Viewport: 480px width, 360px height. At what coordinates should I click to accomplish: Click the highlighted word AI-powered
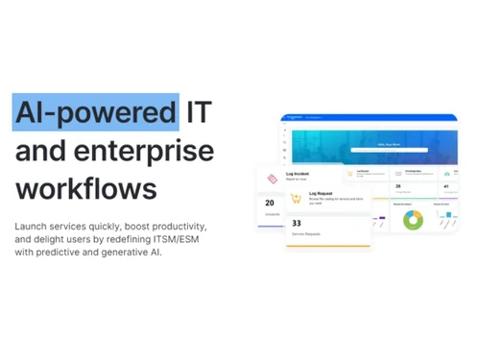96,112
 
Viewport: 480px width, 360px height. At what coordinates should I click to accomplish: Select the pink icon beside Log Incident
272,178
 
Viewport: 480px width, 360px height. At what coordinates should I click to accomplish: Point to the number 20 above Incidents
270,203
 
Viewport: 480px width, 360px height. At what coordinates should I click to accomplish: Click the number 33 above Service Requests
297,224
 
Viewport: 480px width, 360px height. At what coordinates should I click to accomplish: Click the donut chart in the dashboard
414,220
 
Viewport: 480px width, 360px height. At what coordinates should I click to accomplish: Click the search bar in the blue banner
389,151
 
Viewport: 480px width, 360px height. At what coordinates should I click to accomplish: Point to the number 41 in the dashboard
445,186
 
